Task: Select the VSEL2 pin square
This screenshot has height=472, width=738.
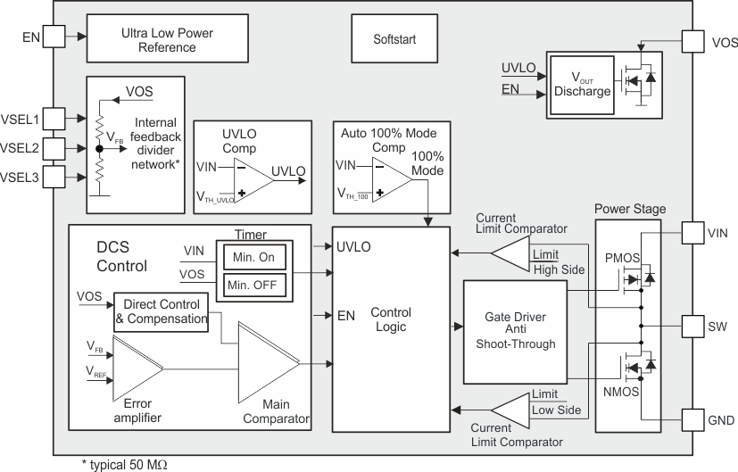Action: (x=53, y=147)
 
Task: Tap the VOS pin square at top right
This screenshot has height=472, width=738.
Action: (x=693, y=41)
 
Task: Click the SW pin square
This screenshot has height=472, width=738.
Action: (x=693, y=326)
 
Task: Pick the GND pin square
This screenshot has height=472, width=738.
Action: (x=693, y=419)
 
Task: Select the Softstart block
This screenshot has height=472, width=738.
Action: (x=394, y=40)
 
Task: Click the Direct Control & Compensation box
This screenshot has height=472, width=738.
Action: (x=162, y=311)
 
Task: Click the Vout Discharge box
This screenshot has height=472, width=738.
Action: (x=582, y=85)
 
